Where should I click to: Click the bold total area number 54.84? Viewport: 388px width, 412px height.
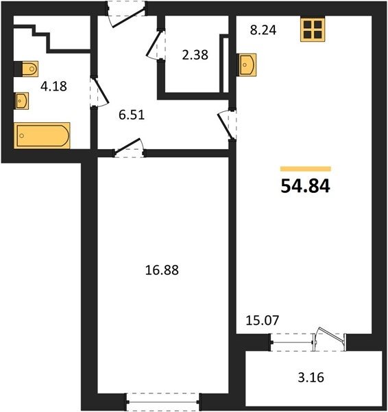click(x=305, y=186)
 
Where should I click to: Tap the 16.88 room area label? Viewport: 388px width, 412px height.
click(x=162, y=270)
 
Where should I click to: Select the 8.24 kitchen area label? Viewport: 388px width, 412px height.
click(x=263, y=30)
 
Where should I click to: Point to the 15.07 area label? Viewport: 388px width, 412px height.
click(x=263, y=320)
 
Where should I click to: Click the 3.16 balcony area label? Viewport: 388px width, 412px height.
click(x=311, y=378)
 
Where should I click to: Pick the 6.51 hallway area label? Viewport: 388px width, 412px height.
click(x=132, y=115)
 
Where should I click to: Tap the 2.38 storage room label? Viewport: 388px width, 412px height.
click(x=195, y=55)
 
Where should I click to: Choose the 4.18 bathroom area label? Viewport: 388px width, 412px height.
click(x=53, y=87)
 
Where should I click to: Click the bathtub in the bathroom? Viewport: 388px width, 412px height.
click(x=42, y=135)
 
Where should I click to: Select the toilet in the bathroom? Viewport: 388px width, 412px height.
click(x=26, y=69)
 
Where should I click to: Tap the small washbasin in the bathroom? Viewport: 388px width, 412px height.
click(x=21, y=100)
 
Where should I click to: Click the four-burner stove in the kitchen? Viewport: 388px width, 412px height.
click(x=313, y=30)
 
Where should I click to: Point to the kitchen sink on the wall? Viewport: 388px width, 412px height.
click(x=247, y=65)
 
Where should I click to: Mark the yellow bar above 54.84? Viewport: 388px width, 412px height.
click(x=306, y=169)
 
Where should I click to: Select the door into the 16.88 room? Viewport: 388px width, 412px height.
click(x=129, y=146)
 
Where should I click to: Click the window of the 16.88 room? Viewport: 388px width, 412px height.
click(x=163, y=402)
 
